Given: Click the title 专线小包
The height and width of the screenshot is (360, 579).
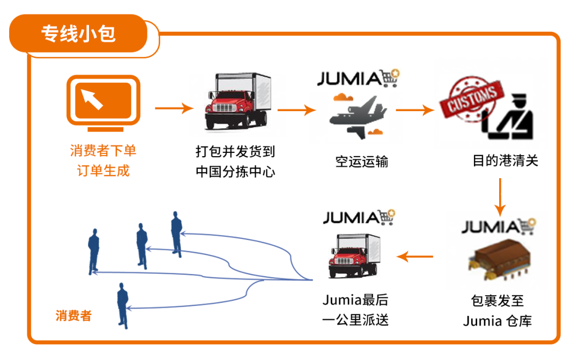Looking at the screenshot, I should pyautogui.click(x=78, y=34).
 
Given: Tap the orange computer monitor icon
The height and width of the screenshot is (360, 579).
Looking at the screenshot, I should pyautogui.click(x=103, y=103).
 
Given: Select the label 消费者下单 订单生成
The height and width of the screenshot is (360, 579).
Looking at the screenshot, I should pyautogui.click(x=103, y=161).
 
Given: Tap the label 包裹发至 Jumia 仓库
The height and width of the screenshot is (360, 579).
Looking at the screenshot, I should pyautogui.click(x=497, y=311).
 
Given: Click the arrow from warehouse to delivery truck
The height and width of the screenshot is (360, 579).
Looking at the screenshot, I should pyautogui.click(x=415, y=257).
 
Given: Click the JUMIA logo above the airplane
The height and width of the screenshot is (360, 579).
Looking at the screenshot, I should pyautogui.click(x=359, y=78).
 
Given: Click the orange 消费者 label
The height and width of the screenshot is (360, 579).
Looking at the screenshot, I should pyautogui.click(x=73, y=315).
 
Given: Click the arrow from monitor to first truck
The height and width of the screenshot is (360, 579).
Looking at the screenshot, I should pyautogui.click(x=174, y=108).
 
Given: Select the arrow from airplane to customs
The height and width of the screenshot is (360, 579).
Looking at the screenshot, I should pyautogui.click(x=414, y=111).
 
